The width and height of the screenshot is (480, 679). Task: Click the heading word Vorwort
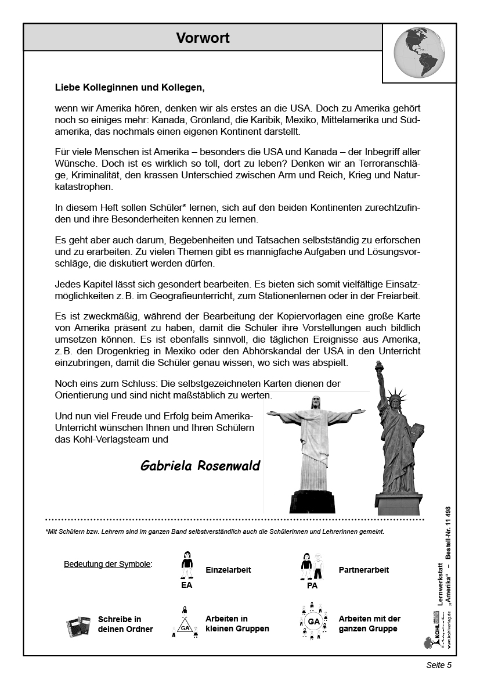click(x=203, y=38)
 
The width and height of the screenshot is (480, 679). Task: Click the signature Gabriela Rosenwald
click(x=200, y=466)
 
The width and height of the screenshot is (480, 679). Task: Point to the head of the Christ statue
click(x=316, y=402)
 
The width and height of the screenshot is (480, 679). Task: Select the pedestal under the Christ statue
click(x=312, y=501)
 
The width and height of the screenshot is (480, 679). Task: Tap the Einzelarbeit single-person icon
click(x=186, y=565)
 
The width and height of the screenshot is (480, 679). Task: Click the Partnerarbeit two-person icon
click(x=312, y=566)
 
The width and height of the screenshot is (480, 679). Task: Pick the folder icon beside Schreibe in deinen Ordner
click(x=78, y=626)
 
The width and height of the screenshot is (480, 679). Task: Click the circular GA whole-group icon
click(x=313, y=621)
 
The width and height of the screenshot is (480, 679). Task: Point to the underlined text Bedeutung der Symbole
click(x=107, y=564)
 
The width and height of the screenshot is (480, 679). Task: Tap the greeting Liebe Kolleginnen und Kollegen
click(x=130, y=88)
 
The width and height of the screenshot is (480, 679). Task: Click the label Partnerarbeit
click(x=363, y=570)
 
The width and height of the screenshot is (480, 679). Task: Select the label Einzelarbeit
click(x=228, y=570)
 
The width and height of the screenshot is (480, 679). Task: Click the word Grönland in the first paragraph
click(x=218, y=120)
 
